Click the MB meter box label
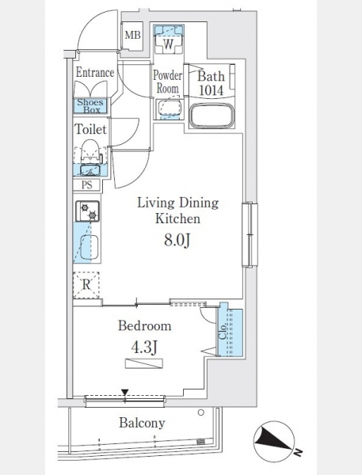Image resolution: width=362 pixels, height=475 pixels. [133, 35]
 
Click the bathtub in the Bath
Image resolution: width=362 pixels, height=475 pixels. [211, 116]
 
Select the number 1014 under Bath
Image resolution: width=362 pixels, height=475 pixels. [211, 90]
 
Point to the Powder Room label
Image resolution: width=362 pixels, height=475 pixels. [167, 82]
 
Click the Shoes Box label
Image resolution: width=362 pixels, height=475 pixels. [90, 106]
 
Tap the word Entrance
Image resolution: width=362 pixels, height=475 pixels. [95, 72]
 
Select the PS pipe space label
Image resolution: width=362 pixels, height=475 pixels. [86, 184]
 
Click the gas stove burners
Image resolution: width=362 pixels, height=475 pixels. [87, 211]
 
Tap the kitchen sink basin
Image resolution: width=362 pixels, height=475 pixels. [90, 247]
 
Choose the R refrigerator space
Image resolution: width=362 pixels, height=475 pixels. [86, 285]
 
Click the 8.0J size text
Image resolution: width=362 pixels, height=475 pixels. [177, 241]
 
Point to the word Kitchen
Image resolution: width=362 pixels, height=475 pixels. [177, 218]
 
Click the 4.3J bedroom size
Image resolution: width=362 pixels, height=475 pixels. [144, 348]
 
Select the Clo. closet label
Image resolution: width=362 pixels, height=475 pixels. [223, 332]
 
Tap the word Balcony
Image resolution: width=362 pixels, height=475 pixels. [142, 423]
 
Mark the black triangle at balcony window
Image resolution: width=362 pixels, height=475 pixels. [125, 393]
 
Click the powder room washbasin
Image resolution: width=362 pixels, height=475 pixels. [170, 108]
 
